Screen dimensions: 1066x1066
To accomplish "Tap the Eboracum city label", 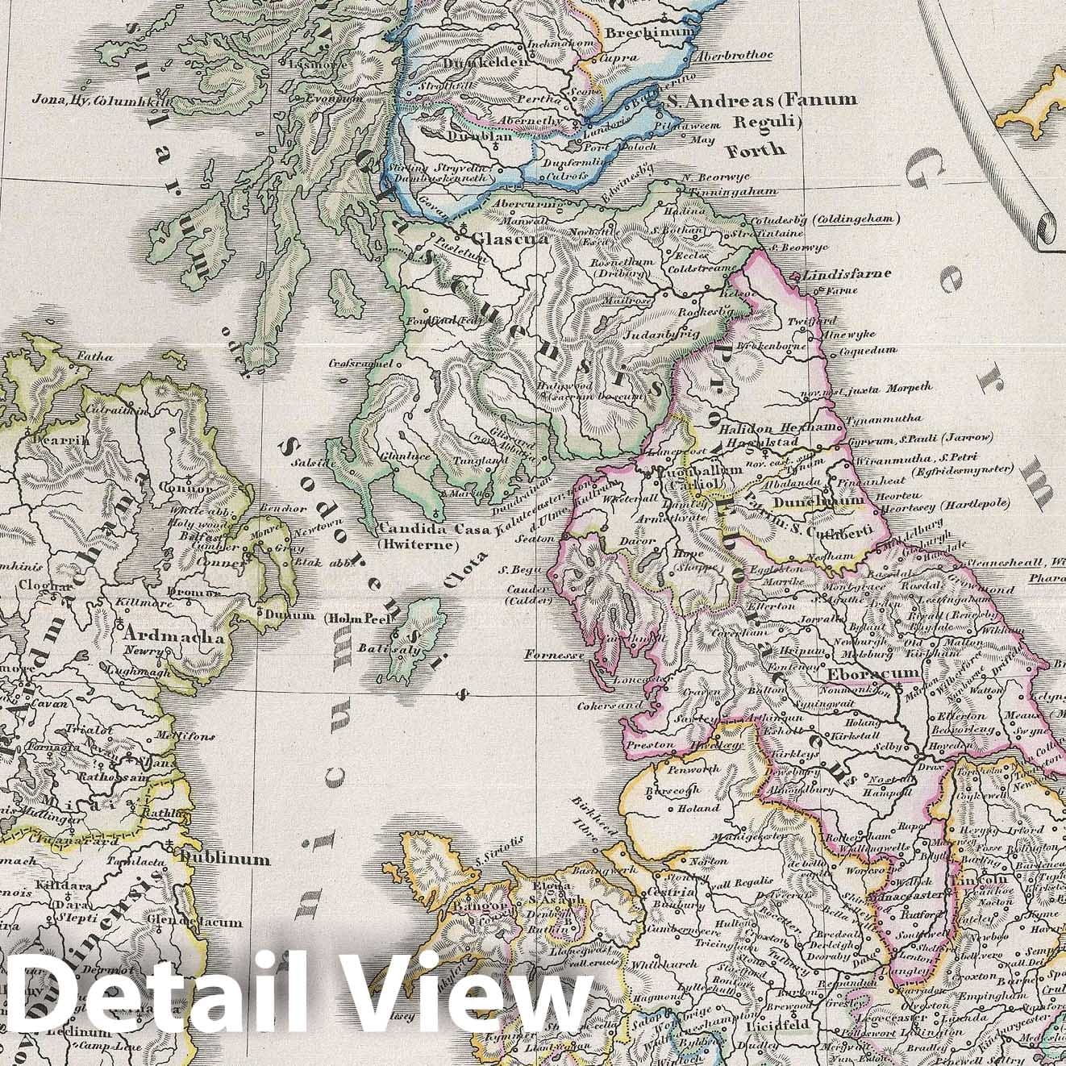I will tap(860, 672).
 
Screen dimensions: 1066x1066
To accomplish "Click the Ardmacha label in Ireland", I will tap(171, 636).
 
